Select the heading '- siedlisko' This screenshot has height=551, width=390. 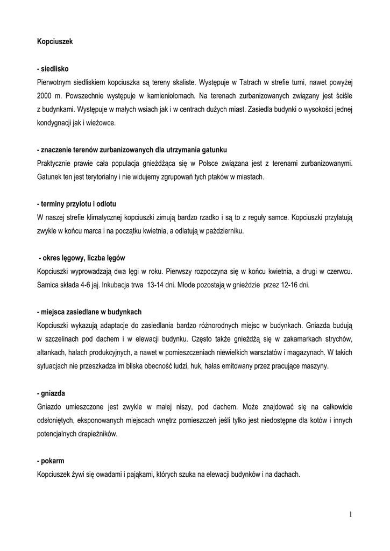point(53,69)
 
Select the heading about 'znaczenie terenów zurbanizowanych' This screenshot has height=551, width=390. point(128,149)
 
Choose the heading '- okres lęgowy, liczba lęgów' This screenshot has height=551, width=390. point(82,258)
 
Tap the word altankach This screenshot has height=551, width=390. point(52,352)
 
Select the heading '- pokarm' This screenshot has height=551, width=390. point(49,461)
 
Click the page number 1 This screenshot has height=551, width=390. point(350,515)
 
